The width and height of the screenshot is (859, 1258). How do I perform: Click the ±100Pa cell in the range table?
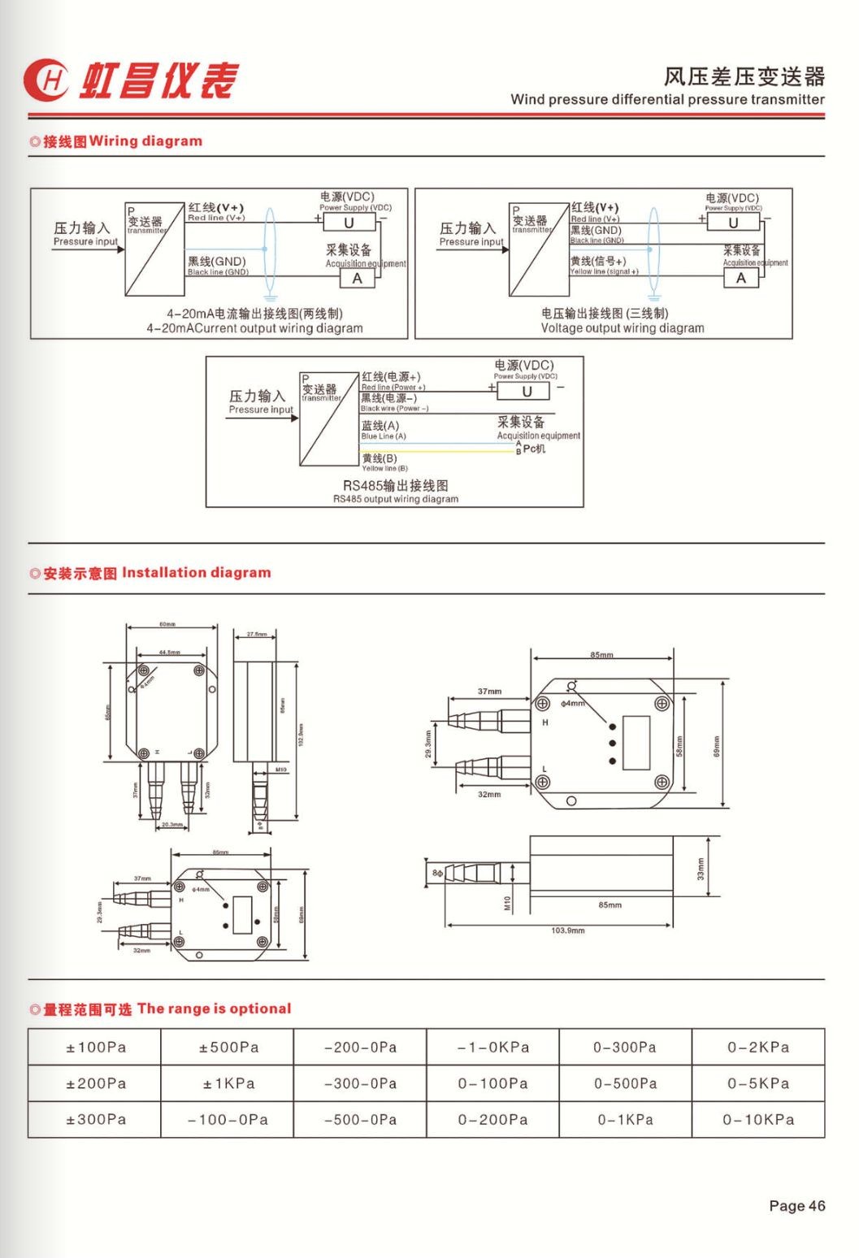(95, 1047)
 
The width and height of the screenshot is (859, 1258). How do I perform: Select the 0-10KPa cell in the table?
(757, 1119)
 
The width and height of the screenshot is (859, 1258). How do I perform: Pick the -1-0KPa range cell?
(492, 1047)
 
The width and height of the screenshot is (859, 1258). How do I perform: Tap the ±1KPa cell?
(228, 1083)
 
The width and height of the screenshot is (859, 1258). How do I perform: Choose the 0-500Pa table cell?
(624, 1083)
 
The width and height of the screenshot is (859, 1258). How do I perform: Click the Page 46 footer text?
(796, 1205)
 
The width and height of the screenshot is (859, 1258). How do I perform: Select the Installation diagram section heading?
(150, 572)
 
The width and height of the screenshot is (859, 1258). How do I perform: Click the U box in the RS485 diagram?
(526, 391)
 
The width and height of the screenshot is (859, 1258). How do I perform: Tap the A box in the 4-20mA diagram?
(357, 278)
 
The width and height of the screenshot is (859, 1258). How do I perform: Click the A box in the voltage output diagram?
(740, 278)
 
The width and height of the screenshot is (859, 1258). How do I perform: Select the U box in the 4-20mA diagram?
(349, 223)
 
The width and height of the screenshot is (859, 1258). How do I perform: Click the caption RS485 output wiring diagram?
(395, 499)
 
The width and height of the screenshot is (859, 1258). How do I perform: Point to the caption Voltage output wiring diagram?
(623, 328)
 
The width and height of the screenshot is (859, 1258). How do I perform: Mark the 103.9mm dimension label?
(567, 930)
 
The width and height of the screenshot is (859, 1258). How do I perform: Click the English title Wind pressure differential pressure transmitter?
(667, 99)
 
